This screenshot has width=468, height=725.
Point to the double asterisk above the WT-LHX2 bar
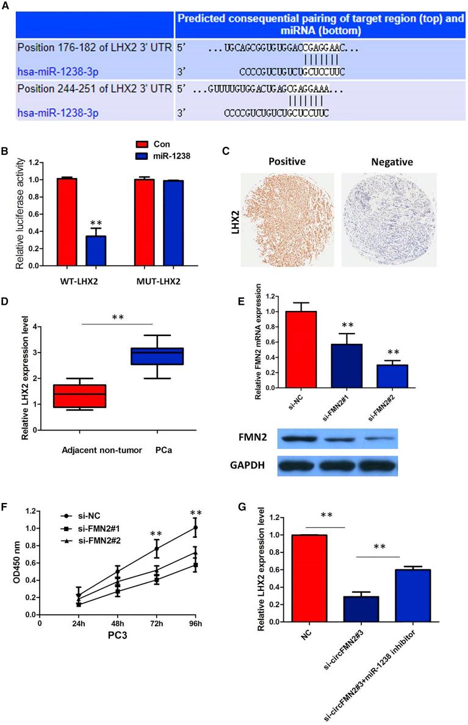96,207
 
